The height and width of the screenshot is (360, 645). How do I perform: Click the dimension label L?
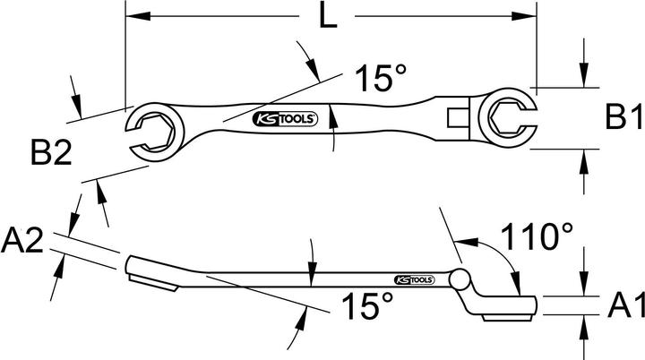pos(330,18)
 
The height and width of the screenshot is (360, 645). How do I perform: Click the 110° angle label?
pos(537,238)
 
